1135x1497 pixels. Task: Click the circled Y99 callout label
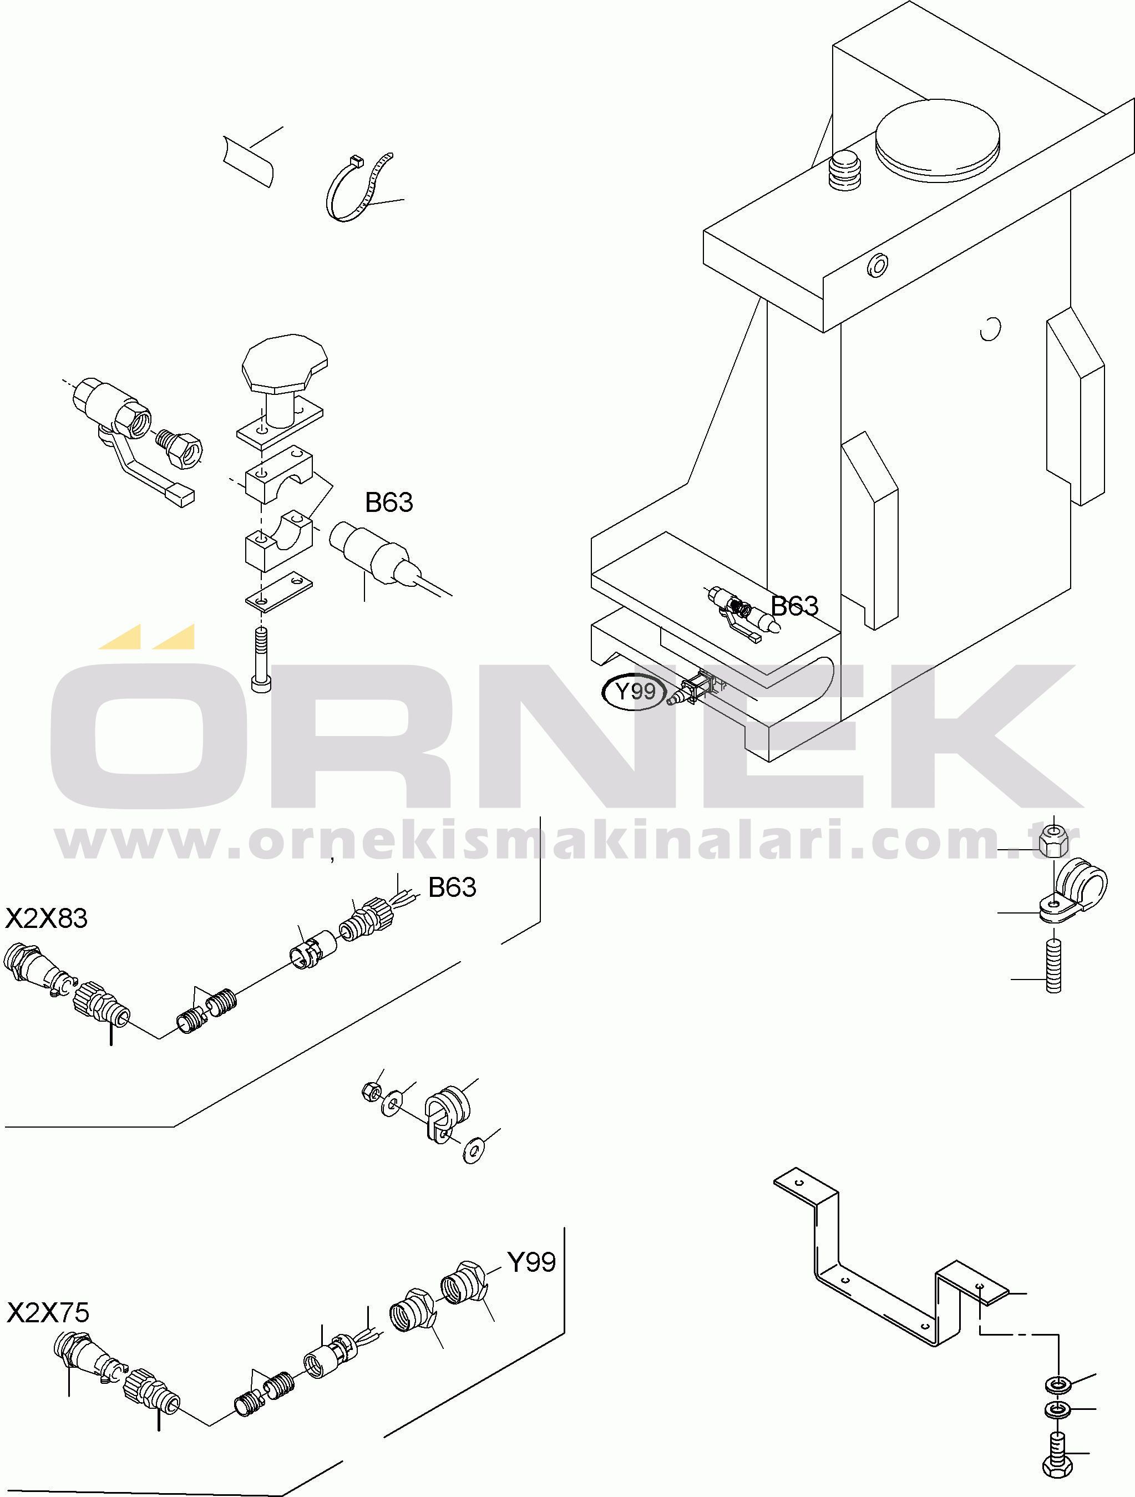tap(634, 692)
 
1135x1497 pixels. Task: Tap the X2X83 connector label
tap(47, 919)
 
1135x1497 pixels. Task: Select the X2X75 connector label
tap(48, 1313)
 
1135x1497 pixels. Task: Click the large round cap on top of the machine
tap(938, 141)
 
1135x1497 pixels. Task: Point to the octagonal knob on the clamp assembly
tap(285, 363)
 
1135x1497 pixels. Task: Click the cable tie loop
tap(357, 187)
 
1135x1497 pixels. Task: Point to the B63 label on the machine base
tap(794, 606)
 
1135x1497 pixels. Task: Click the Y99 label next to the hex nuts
tap(531, 1262)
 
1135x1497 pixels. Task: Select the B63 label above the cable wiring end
tap(452, 887)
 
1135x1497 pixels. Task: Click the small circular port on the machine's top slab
tap(878, 265)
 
